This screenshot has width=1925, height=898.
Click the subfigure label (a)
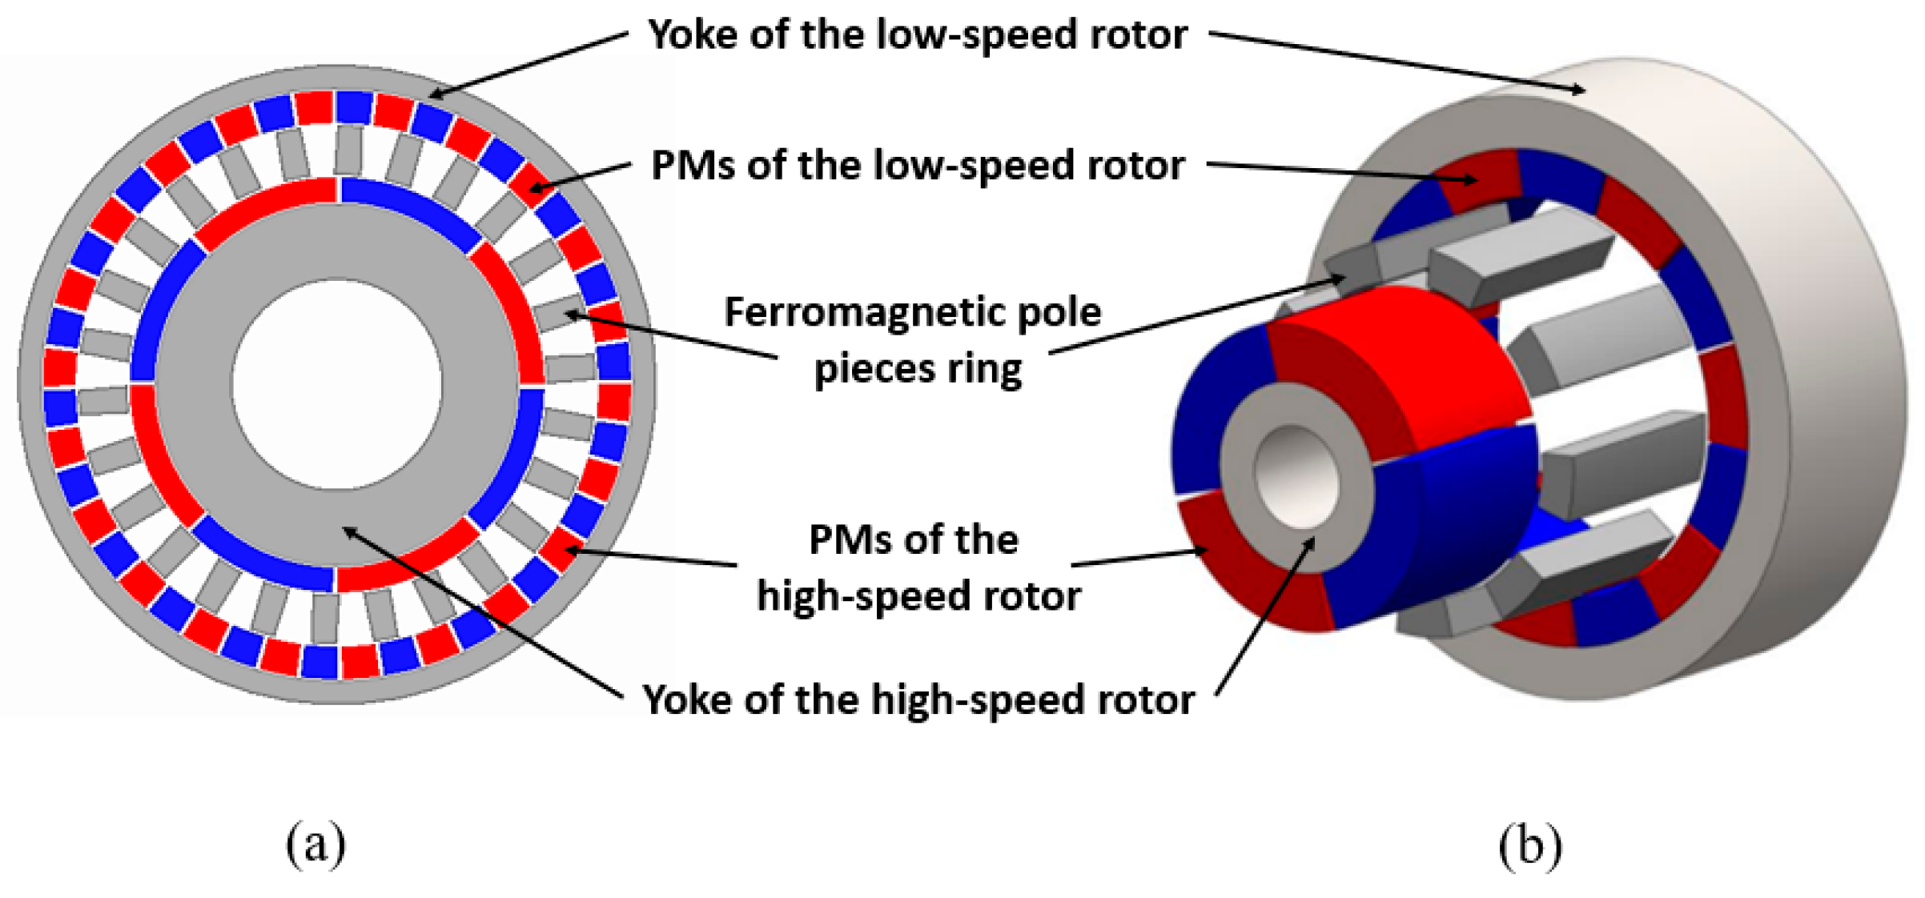click(x=315, y=844)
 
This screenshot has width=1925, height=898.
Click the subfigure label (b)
click(x=1530, y=845)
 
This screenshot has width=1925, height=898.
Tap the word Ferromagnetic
click(x=844, y=312)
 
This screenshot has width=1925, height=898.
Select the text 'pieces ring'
click(x=918, y=369)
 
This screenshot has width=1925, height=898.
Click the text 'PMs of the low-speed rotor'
click(x=918, y=166)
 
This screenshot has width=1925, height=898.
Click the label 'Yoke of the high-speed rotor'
click(x=918, y=700)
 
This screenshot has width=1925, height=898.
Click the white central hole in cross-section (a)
click(x=336, y=384)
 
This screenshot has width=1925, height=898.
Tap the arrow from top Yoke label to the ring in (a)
click(x=528, y=64)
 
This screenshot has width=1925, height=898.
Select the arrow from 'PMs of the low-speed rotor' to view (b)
click(x=1341, y=172)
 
